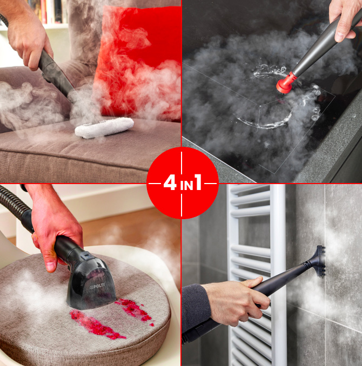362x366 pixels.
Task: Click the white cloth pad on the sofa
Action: (x=104, y=127)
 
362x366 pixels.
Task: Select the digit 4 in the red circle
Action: (x=170, y=182)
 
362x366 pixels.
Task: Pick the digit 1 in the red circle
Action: (x=198, y=182)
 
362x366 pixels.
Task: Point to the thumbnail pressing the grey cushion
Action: (x=51, y=266)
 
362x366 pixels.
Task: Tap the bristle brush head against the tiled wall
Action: (x=319, y=261)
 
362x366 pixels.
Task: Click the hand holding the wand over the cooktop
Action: (x=345, y=20)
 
